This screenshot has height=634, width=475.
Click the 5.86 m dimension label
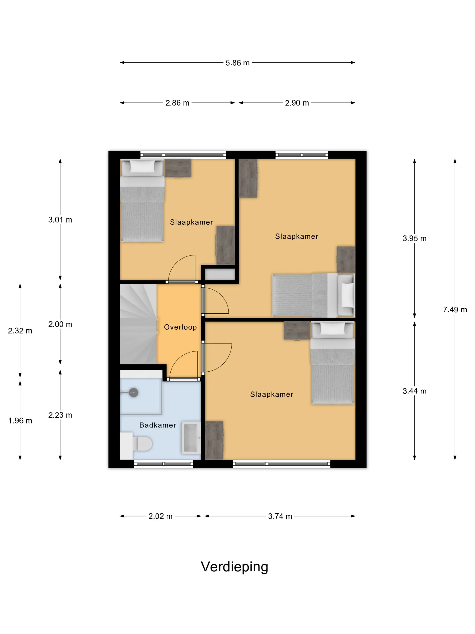[237, 63]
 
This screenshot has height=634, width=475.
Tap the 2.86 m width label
[177, 103]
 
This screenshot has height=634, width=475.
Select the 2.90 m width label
[297, 103]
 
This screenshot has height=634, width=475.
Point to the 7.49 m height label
[455, 310]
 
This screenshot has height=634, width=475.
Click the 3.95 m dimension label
[414, 238]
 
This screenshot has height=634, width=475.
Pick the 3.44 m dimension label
[414, 391]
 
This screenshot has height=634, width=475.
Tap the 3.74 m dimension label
[280, 516]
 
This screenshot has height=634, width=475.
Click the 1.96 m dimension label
[20, 421]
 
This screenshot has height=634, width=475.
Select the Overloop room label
[180, 327]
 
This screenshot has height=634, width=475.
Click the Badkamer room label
[158, 425]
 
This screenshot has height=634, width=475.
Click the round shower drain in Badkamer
[133, 392]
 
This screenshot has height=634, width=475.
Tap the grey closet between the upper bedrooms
[220, 274]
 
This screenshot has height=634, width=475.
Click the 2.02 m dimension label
[160, 516]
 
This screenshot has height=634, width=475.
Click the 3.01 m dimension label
[60, 220]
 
